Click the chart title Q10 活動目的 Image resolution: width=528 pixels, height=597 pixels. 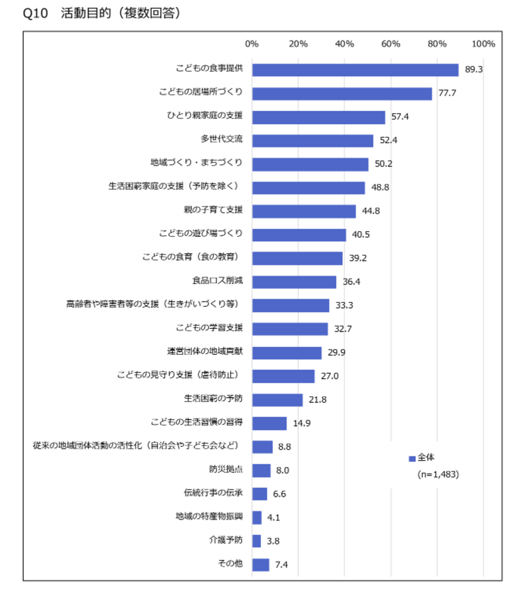tap(102, 13)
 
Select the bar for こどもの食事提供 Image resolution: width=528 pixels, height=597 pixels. tap(355, 70)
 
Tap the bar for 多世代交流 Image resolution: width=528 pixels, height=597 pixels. tap(312, 141)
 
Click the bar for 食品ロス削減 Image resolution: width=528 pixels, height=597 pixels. tap(294, 282)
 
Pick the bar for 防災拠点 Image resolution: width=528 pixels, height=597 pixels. tap(261, 471)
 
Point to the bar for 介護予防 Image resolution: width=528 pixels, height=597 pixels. tap(256, 541)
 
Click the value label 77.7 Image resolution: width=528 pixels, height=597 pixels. tap(447, 93)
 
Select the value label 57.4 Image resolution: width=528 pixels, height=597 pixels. tap(400, 117)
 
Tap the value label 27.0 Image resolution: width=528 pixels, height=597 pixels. tap(329, 376)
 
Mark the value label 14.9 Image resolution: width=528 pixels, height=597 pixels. tap(302, 423)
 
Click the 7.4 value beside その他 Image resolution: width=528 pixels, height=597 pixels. tap(281, 565)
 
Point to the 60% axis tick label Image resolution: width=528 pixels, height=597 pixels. tap(391, 44)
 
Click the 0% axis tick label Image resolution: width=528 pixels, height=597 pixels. tap(252, 44)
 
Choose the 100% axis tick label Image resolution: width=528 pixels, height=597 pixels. tap(483, 44)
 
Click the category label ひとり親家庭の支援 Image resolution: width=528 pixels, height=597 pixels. tap(205, 115)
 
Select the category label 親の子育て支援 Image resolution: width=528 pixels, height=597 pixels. tap(213, 210)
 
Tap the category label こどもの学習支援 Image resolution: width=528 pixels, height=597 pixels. tap(209, 328)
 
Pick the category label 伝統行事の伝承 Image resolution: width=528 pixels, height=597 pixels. tap(213, 493)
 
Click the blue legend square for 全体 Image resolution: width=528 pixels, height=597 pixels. tap(412, 459)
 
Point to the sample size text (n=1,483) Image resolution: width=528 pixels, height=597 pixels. tap(438, 475)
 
